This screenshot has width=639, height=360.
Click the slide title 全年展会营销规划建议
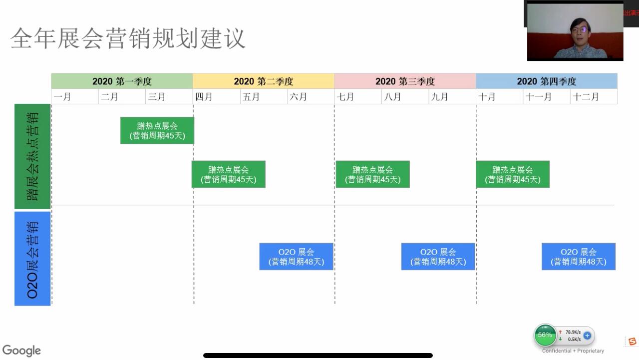[128, 38]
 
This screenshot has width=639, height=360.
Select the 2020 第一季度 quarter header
[122, 81]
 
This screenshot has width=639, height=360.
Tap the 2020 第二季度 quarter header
[264, 81]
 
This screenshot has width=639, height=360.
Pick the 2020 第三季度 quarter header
[405, 81]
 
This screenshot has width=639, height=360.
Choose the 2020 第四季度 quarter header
[547, 81]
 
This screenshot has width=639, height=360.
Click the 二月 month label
[109, 97]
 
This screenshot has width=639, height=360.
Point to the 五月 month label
[251, 97]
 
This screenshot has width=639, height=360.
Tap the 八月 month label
[392, 97]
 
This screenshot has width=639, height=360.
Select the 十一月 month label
[538, 97]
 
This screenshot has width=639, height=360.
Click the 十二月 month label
[586, 97]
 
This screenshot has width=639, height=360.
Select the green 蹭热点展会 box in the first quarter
[157, 130]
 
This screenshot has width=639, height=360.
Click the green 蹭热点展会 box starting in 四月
[228, 174]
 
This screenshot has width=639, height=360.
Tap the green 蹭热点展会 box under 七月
[372, 174]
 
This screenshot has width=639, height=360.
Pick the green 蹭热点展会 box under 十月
[513, 174]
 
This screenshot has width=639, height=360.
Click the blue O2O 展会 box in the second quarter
[296, 257]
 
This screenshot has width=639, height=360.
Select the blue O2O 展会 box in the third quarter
[438, 257]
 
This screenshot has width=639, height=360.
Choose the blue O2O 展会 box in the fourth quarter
[578, 257]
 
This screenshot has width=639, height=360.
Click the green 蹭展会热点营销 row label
[32, 156]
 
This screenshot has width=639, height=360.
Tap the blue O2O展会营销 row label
[32, 259]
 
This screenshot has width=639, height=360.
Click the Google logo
[21, 351]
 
